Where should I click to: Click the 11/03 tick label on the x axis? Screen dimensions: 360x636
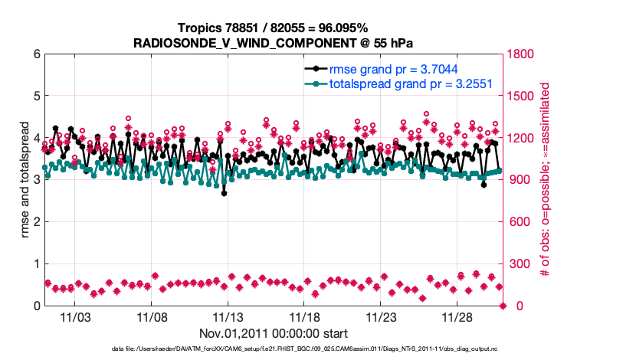(x=74, y=316)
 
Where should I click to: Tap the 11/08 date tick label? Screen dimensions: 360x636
(x=151, y=316)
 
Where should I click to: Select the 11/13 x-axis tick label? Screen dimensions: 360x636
(x=228, y=316)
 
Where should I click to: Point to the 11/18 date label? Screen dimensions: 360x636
(x=304, y=316)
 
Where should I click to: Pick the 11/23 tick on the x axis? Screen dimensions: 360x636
(x=381, y=316)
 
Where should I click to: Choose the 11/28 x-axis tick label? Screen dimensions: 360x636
(x=457, y=316)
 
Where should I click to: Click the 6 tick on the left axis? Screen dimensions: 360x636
(x=35, y=54)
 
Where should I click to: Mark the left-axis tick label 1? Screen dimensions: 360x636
(x=35, y=264)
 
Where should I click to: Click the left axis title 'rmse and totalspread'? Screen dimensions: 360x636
(x=25, y=180)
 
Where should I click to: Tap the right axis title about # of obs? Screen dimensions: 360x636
(x=546, y=180)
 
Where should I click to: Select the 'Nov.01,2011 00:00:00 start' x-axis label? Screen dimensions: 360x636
(x=274, y=333)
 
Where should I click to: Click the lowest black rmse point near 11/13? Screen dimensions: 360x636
(x=224, y=193)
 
